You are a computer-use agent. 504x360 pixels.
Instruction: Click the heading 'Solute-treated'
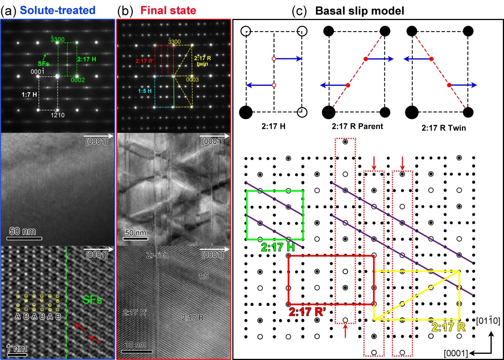click(57, 10)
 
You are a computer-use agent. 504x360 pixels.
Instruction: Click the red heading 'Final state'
click(168, 10)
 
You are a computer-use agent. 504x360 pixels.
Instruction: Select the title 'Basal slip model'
click(359, 11)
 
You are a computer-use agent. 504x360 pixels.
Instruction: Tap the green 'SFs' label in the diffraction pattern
click(43, 64)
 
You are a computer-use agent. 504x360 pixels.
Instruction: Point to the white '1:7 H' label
click(29, 95)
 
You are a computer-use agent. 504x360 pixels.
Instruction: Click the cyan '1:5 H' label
click(145, 91)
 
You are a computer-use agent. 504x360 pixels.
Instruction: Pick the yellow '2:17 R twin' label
click(202, 61)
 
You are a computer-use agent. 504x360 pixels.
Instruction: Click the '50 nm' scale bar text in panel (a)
click(23, 231)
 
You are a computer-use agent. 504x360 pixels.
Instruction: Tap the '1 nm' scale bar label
click(16, 348)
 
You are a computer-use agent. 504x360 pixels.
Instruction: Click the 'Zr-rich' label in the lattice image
click(157, 255)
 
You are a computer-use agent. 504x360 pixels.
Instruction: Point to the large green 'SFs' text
click(92, 300)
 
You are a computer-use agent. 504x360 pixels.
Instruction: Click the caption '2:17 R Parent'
click(357, 126)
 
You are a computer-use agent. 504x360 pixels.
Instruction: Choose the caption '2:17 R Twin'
click(444, 128)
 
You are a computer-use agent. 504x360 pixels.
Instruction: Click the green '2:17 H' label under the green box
click(278, 247)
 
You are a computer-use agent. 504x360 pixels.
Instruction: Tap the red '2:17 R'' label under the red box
click(307, 312)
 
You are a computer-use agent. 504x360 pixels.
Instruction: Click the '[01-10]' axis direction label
click(488, 321)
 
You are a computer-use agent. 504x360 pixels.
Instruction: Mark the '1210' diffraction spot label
click(57, 115)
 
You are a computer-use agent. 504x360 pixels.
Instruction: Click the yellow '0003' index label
click(192, 80)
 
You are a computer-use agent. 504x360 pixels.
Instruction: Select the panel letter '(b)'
click(125, 11)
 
